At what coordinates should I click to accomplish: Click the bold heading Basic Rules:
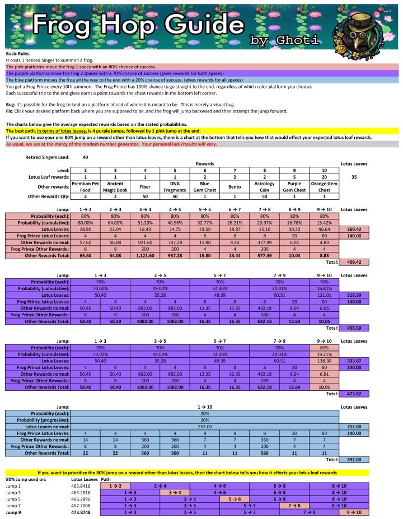coord(18,53)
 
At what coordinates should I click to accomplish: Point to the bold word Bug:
coord(11,105)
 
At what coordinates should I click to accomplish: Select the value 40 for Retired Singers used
coord(85,157)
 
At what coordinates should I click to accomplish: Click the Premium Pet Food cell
coord(85,186)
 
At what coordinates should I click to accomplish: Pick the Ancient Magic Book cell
coord(115,186)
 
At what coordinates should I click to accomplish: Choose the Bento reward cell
coord(235,186)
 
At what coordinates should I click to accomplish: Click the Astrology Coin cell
coord(265,186)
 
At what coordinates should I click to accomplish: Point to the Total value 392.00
coord(353,460)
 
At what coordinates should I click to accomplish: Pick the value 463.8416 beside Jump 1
coord(82,485)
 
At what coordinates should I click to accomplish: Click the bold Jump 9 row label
coord(14,512)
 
